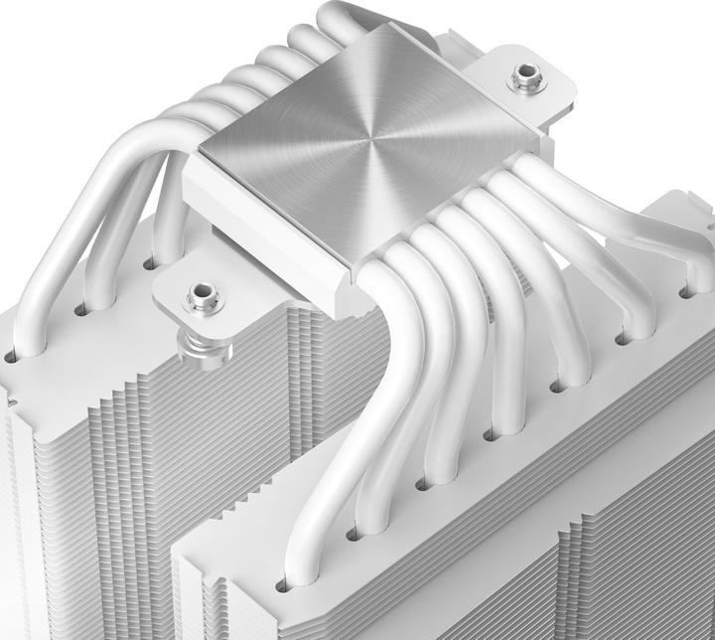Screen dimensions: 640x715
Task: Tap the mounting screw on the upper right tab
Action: (523, 77)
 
